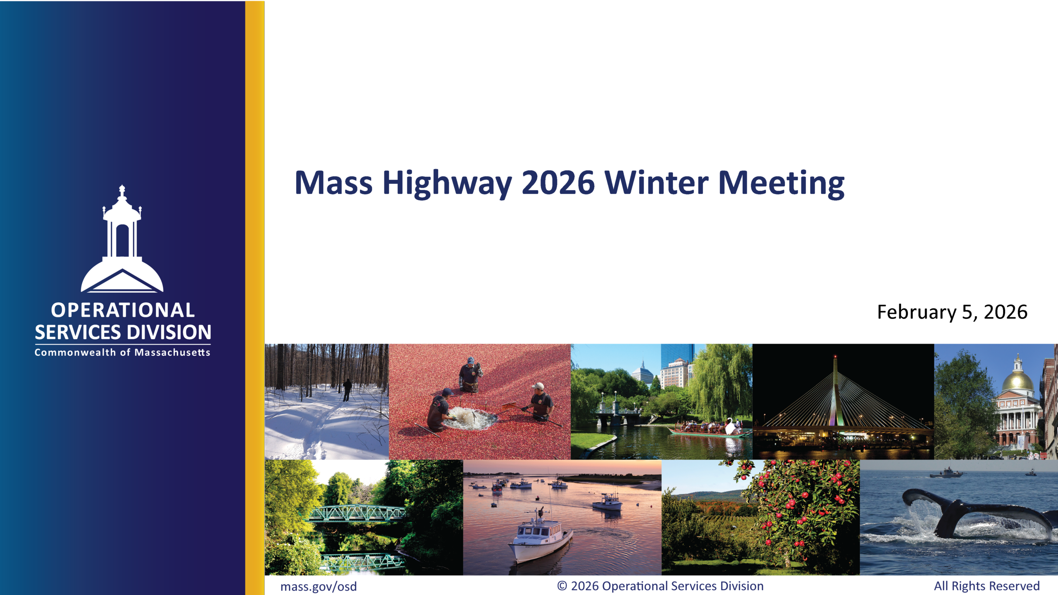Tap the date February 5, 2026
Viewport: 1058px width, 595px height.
(952, 312)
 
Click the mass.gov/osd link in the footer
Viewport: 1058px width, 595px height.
(318, 587)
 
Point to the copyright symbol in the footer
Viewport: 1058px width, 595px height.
(562, 586)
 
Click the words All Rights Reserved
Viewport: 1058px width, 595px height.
(987, 586)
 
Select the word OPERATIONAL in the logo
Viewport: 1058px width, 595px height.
(123, 310)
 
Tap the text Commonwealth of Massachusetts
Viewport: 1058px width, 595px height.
(122, 352)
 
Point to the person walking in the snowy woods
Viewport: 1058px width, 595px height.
(347, 390)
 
